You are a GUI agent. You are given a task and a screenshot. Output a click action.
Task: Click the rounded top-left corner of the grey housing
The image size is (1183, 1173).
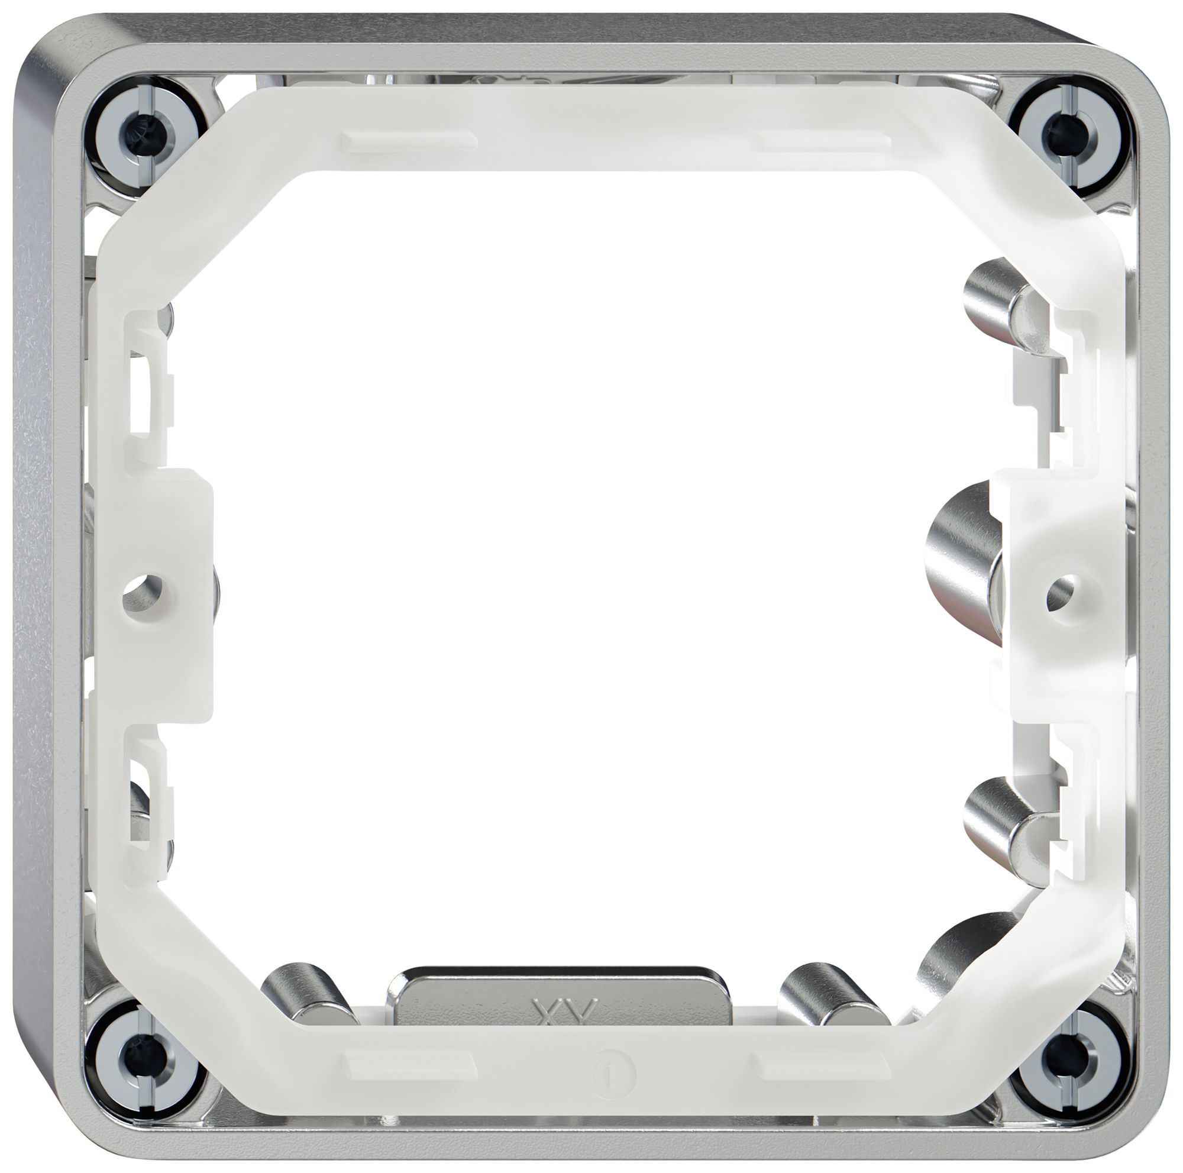point(49,49)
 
